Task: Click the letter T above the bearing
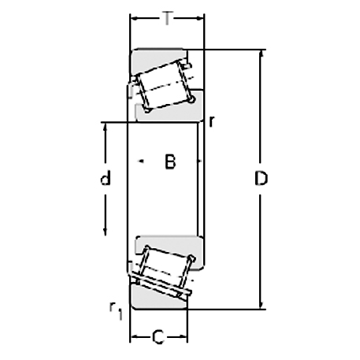click(166, 17)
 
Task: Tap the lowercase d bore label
click(105, 179)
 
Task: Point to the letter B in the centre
click(169, 162)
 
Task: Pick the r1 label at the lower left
click(116, 310)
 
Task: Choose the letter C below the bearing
click(158, 339)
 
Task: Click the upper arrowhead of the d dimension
click(105, 126)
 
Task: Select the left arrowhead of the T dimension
click(133, 17)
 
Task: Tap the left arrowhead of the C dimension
click(133, 339)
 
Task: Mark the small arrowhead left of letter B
click(141, 161)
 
